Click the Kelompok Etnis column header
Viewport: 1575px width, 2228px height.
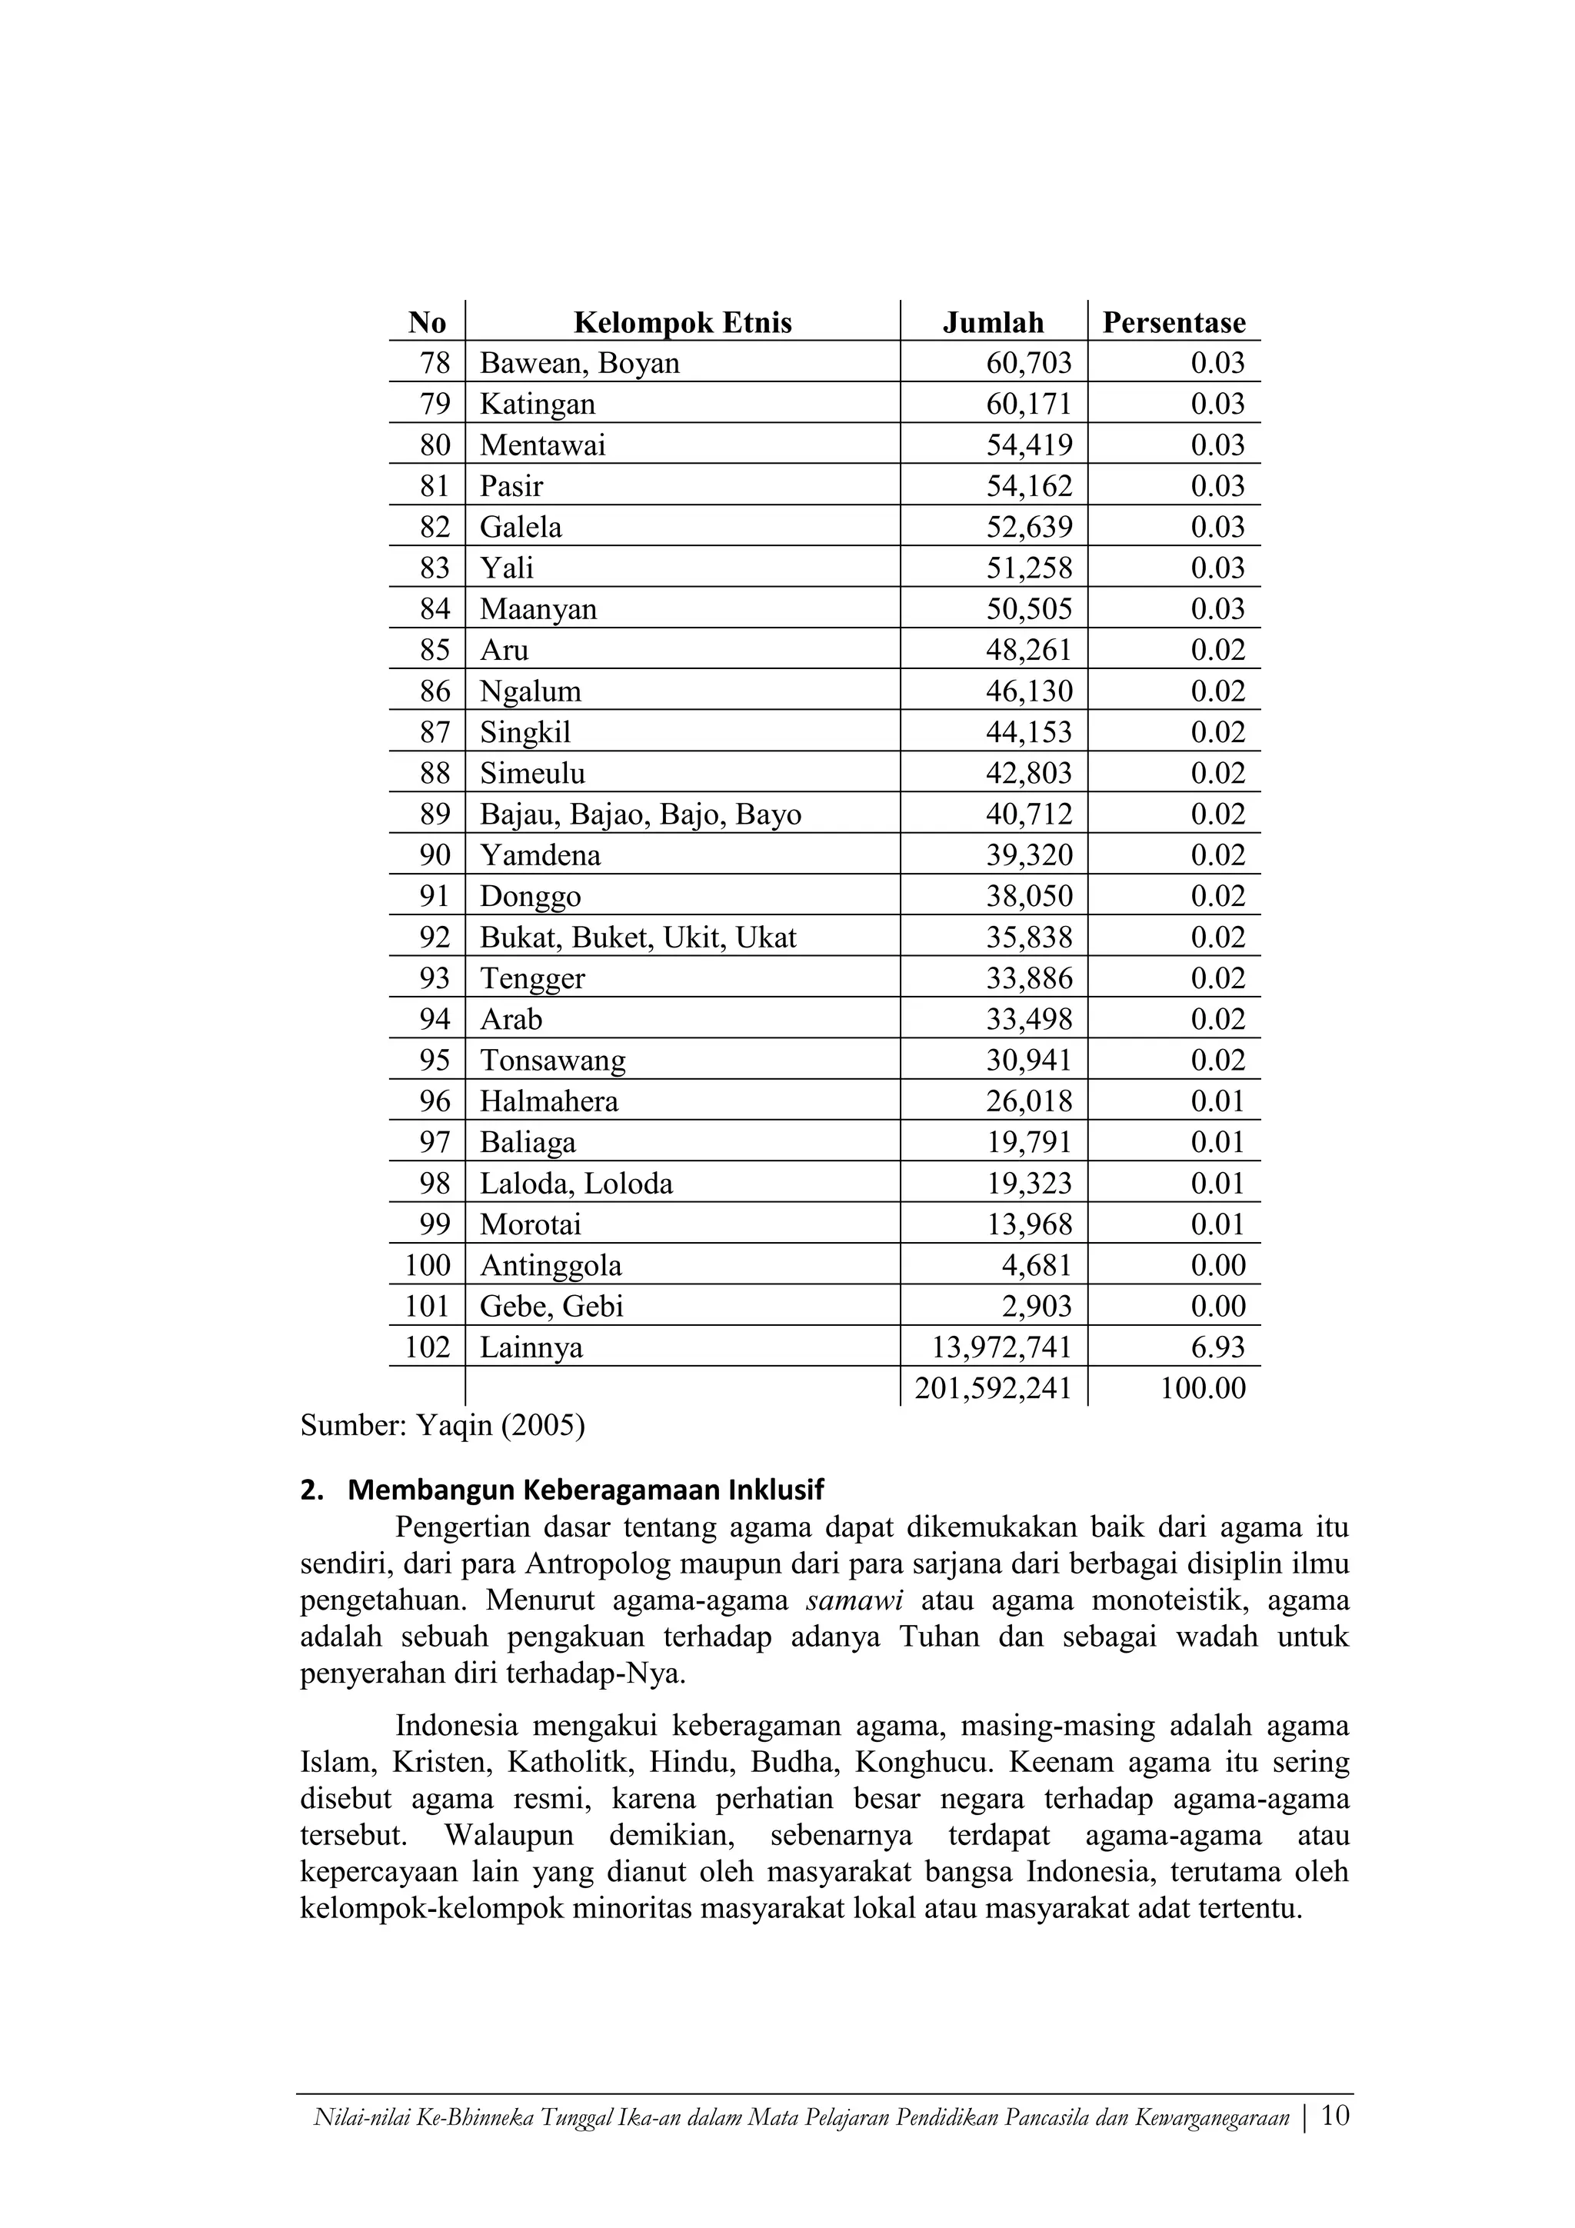pos(682,322)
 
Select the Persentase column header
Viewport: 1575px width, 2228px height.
pos(1174,322)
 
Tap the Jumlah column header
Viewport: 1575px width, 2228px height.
pos(993,322)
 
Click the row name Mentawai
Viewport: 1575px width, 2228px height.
pos(542,445)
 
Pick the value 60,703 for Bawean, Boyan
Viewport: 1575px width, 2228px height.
pos(1029,363)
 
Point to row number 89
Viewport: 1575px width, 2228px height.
pos(435,814)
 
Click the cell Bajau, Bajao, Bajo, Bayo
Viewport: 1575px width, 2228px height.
pos(641,814)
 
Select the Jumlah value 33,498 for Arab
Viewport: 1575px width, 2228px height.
pos(1029,1019)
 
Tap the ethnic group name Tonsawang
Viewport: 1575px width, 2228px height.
pos(552,1061)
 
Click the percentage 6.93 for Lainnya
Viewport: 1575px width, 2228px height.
pos(1218,1347)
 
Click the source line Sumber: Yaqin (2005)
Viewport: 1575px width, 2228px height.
pos(442,1426)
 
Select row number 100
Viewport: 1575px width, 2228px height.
pos(428,1265)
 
